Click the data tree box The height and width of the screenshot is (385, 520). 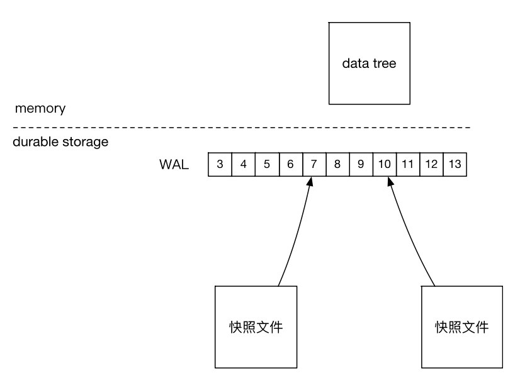tap(369, 64)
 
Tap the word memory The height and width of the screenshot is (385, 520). tap(40, 108)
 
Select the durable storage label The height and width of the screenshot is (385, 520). tap(60, 142)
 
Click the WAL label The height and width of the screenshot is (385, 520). tap(173, 165)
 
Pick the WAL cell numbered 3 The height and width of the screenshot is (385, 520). tap(220, 165)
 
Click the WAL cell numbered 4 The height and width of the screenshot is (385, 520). tap(243, 165)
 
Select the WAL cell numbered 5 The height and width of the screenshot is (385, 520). tap(267, 165)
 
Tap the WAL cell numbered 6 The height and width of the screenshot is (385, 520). tap(290, 165)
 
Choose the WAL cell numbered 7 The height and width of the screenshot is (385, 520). tap(314, 165)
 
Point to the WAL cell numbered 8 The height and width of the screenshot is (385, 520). tap(337, 165)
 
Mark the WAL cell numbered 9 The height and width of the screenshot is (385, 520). tap(361, 165)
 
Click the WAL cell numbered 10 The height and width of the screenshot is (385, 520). tap(384, 165)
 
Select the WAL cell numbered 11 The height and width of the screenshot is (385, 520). tap(407, 165)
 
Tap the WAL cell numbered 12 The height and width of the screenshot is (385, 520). tap(431, 165)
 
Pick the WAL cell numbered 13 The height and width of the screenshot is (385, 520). tap(455, 165)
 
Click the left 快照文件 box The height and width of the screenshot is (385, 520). tap(255, 326)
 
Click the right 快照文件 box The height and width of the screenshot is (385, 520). tap(461, 327)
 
